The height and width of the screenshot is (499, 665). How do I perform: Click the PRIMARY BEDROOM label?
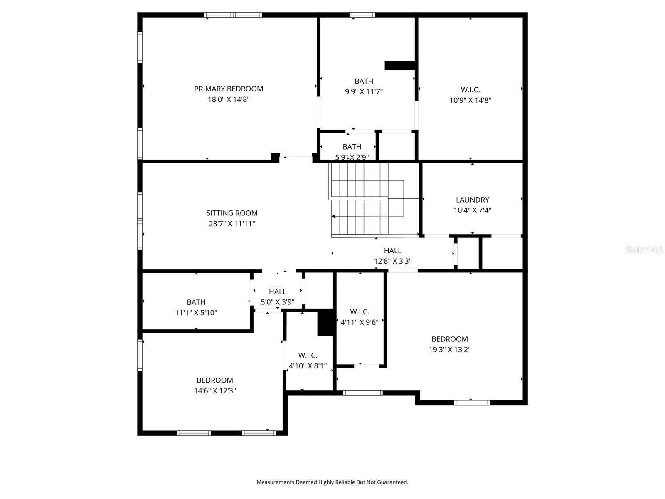coord(229,89)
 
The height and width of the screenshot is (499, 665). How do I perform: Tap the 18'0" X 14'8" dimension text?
coord(229,99)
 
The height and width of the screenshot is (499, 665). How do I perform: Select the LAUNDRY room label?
coord(472,200)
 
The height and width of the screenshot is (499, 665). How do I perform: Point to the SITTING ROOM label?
coord(232,213)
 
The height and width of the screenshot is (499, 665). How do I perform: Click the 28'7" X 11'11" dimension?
coord(232,224)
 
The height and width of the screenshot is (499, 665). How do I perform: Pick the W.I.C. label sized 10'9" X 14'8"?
coord(470,90)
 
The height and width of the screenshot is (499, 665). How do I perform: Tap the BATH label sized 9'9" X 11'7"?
coord(364,81)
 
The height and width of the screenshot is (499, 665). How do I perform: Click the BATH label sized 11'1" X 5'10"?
coord(196,302)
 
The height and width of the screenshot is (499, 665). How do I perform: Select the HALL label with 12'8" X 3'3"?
coord(392,251)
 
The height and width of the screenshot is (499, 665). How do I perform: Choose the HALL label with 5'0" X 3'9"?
coord(277,291)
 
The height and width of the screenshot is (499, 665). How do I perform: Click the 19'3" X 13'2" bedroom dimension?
coord(450,350)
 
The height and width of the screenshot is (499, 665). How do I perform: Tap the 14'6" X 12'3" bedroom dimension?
coord(215,391)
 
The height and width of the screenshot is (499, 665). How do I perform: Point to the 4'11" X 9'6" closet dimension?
coord(360,322)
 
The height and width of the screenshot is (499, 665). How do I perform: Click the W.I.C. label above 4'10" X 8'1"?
coord(308,356)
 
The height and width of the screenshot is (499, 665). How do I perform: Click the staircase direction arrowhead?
coord(333,216)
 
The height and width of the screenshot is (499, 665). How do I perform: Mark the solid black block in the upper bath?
coord(399,65)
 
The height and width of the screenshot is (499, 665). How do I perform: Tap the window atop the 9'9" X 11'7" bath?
coord(362,15)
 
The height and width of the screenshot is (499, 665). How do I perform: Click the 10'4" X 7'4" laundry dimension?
coord(472,210)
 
